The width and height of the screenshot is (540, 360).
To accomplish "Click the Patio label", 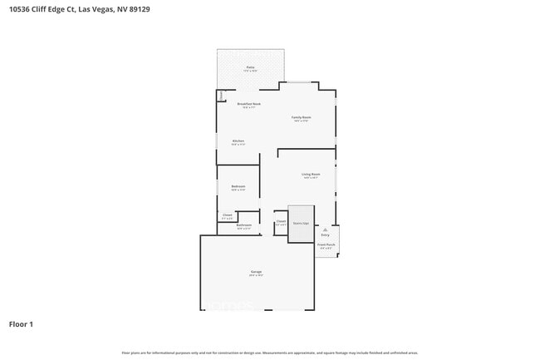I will pos(250,67).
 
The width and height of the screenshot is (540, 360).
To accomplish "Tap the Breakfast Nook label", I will pos(250,104).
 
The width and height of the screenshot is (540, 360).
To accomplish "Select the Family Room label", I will pos(301,118).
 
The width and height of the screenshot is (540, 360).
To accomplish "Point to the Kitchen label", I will pos(238,141).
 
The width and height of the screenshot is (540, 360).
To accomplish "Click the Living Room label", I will pos(311,175).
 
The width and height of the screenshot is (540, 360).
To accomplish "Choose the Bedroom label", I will pos(238,187).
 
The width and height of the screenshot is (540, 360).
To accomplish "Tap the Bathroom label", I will pos(243,225).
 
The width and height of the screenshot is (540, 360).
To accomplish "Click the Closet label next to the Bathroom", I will pos(227,215).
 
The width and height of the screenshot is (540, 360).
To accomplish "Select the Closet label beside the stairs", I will pos(281,222).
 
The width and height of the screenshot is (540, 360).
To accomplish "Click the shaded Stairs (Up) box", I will pos(301,224).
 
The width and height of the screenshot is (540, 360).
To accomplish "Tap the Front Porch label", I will pos(327,246).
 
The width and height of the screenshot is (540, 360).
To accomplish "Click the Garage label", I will pos(256,273).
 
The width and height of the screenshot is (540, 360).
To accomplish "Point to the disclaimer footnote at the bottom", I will pos(269,353).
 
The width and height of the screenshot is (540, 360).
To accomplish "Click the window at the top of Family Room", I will pos(300,81).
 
